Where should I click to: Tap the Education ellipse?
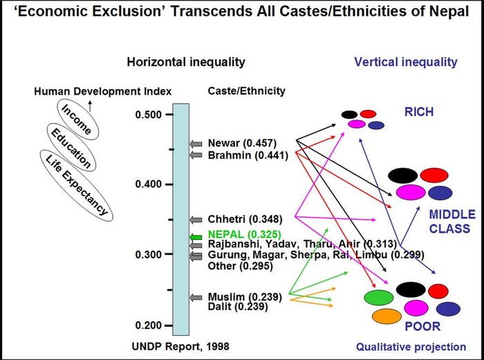click(73, 146)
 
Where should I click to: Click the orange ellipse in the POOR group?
click(387, 316)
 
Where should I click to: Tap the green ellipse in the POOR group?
click(379, 298)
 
